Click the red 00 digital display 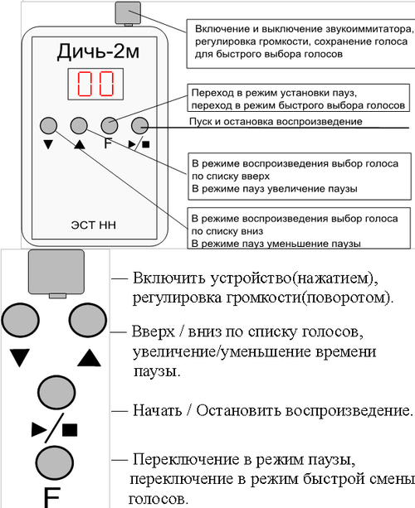tap(94, 85)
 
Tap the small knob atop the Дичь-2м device tap(129, 12)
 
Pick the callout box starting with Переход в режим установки tap(296, 99)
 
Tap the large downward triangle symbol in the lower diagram tap(20, 358)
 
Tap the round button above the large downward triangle tap(20, 321)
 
